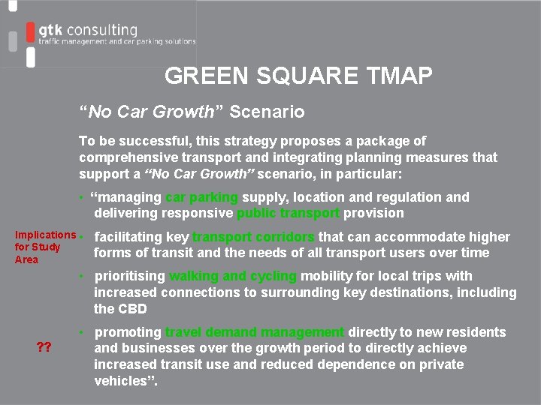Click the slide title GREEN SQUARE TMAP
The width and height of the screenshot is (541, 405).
pos(298,76)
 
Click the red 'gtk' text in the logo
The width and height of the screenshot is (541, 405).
pos(50,30)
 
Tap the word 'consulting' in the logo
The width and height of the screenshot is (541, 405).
pos(101,30)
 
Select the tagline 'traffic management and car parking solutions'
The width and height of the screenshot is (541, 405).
pos(117,42)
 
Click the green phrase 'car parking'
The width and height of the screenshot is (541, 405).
pos(201,197)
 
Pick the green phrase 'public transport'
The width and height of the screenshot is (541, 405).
pos(289,213)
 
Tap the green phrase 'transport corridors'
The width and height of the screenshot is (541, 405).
pos(253,237)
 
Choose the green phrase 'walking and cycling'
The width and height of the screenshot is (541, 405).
pos(233,276)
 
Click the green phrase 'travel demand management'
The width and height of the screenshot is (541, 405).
pos(255,332)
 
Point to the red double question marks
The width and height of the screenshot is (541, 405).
pos(44,346)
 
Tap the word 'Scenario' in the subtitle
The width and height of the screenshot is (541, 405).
pos(267,112)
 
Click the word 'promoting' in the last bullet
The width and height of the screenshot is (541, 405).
pos(128,332)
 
